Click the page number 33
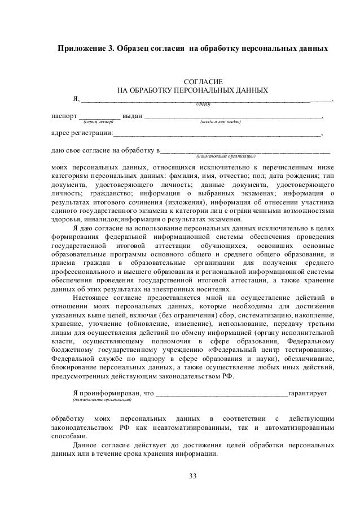pyautogui.click(x=193, y=480)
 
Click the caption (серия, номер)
pyautogui.click(x=99, y=121)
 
